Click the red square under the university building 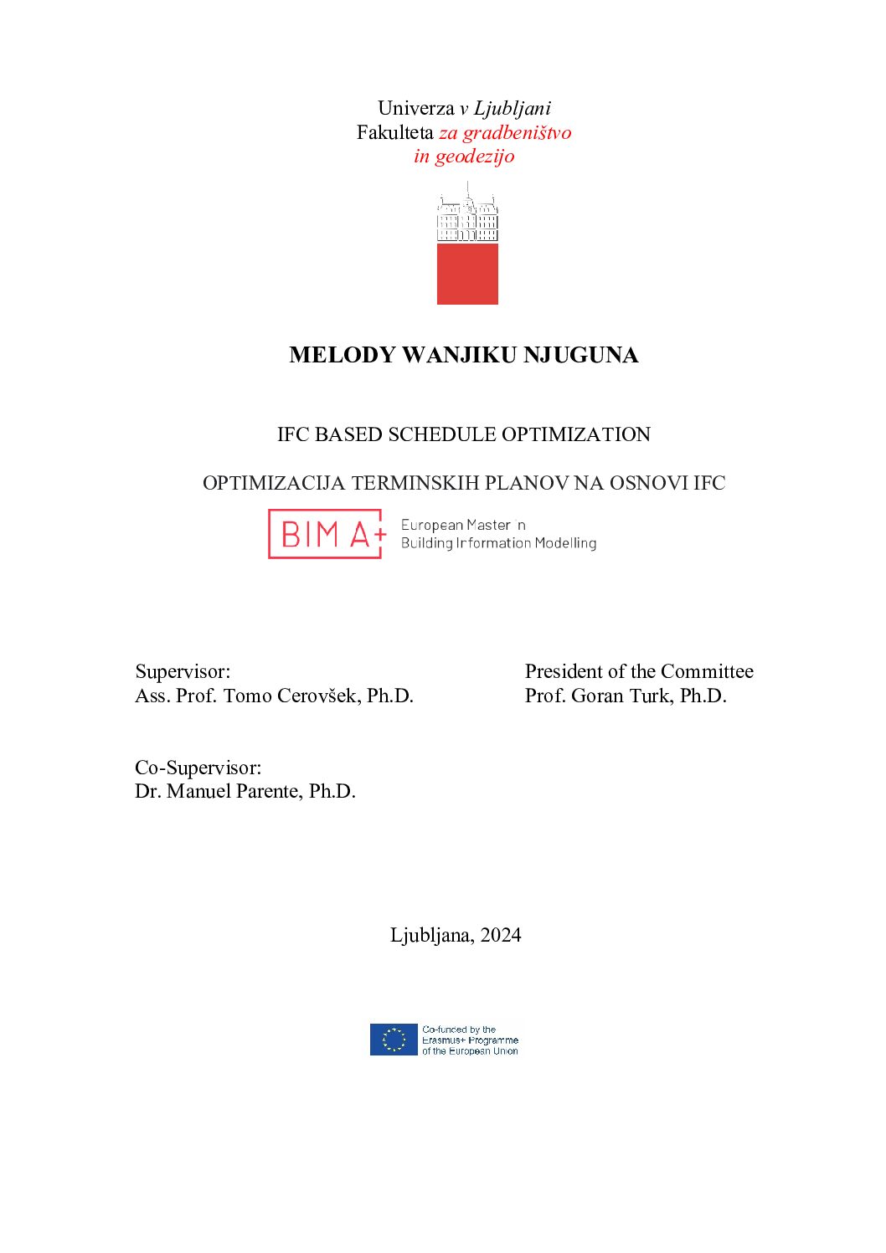[467, 274]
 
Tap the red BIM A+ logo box [326, 534]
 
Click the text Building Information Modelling [498, 543]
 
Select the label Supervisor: [183, 671]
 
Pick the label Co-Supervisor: [198, 768]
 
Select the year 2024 [501, 935]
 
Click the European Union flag [394, 1040]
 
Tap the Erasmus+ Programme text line [470, 1040]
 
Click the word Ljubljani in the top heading [513, 108]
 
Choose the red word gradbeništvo [517, 132]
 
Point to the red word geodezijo [474, 156]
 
